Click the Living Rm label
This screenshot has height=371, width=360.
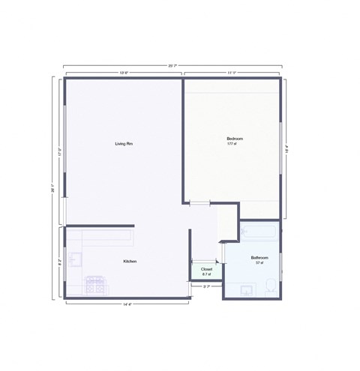[x=124, y=144]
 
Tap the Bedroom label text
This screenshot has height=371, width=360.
[x=235, y=139]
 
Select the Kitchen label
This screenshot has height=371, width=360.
[x=130, y=262]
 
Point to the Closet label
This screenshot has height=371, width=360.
[x=206, y=269]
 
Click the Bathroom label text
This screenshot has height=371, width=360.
[x=259, y=257]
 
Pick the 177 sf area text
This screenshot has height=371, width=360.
[x=232, y=144]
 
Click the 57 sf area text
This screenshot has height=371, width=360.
[x=259, y=263]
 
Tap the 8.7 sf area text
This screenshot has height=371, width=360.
[x=206, y=274]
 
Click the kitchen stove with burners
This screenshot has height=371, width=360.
[x=96, y=286]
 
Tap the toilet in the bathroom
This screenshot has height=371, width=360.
[x=271, y=284]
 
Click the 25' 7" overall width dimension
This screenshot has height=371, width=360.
[x=173, y=65]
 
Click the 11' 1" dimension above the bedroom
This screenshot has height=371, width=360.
[x=232, y=73]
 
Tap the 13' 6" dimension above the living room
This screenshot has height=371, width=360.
[x=124, y=73]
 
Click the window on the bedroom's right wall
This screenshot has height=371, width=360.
[x=281, y=150]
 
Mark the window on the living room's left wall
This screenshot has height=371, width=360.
[x=64, y=150]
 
